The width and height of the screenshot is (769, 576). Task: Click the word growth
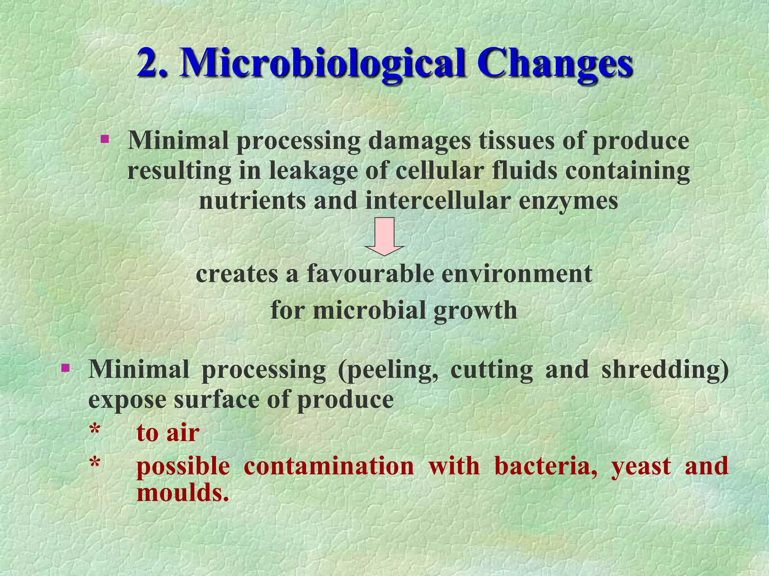tap(475, 311)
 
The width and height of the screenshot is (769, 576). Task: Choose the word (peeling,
tap(388, 370)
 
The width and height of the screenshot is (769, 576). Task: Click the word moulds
tap(182, 492)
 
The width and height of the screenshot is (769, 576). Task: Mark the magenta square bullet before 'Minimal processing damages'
tap(105, 140)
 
